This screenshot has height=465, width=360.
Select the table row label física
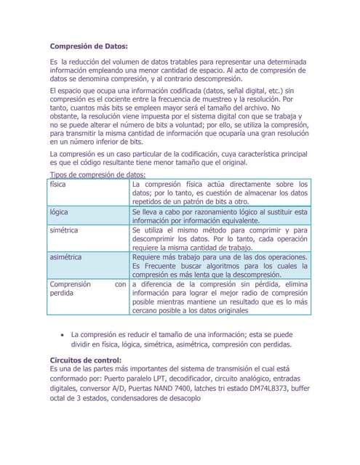tap(58, 185)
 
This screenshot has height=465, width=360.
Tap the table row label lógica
tap(59, 212)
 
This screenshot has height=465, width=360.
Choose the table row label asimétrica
tap(66, 257)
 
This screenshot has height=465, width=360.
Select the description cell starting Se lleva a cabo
tap(220, 217)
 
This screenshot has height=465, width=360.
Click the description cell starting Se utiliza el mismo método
tap(220, 239)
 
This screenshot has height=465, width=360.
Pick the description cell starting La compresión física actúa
tap(220, 193)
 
